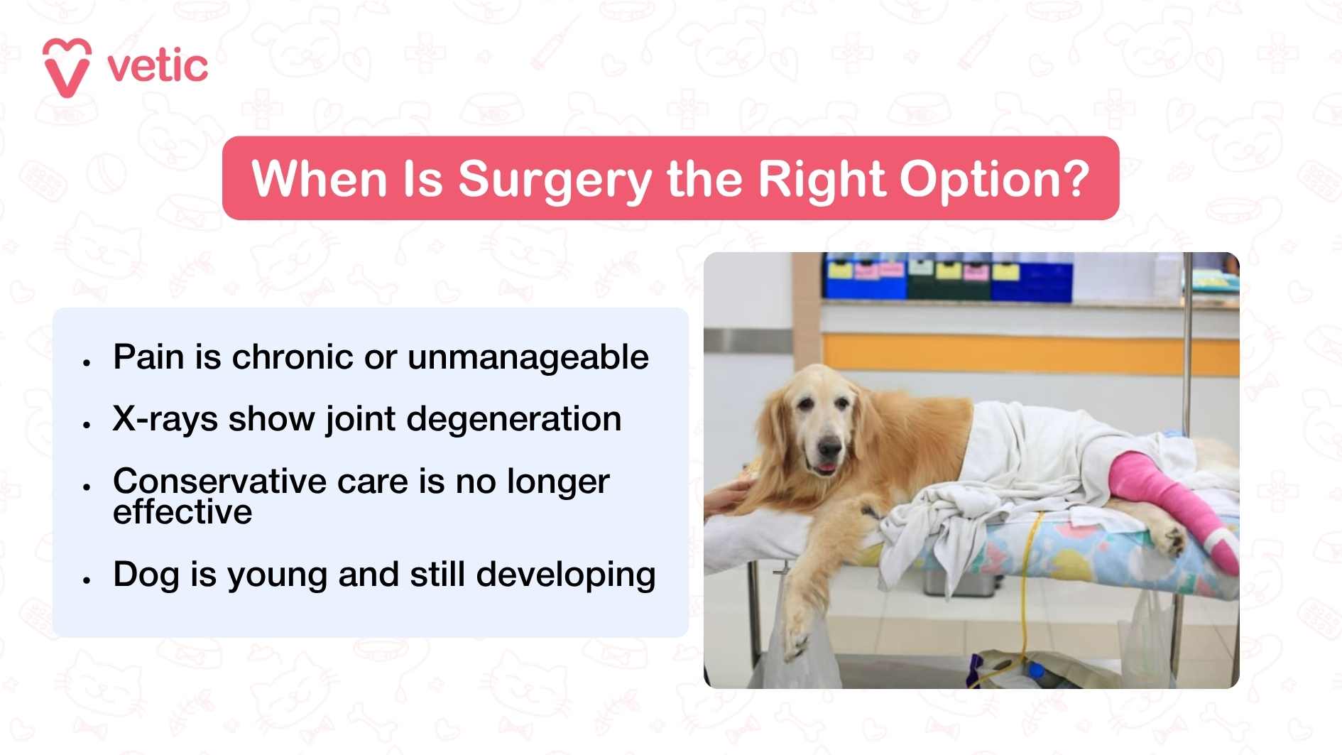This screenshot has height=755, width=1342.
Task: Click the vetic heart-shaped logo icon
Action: pyautogui.click(x=67, y=67)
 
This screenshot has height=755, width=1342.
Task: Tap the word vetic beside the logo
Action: pyautogui.click(x=158, y=67)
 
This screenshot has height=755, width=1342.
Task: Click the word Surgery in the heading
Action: pyautogui.click(x=555, y=179)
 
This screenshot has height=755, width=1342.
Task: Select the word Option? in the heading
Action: pyautogui.click(x=994, y=179)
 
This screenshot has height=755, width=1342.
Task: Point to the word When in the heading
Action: pyautogui.click(x=319, y=179)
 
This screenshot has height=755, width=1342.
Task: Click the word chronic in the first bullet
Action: pyautogui.click(x=293, y=357)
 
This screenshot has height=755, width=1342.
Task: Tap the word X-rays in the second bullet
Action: pyautogui.click(x=165, y=419)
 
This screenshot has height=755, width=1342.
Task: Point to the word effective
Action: pyautogui.click(x=182, y=512)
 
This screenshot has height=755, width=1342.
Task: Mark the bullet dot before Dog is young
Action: pyautogui.click(x=87, y=580)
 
